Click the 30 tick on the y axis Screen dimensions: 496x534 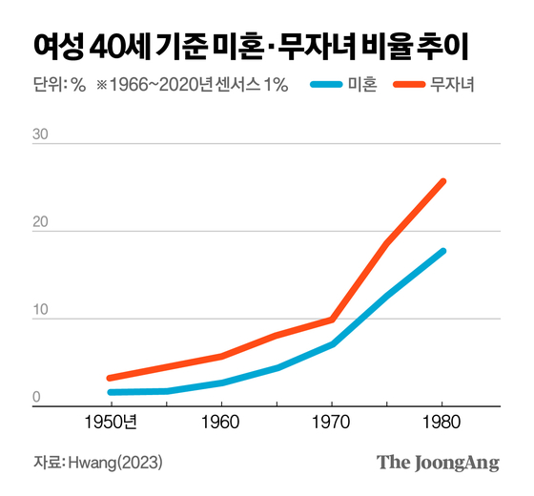[39, 135]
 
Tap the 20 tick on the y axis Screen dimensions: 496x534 [39, 222]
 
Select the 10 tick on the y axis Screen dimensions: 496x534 [39, 310]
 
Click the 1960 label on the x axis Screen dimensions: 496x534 [221, 421]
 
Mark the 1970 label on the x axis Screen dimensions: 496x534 [332, 421]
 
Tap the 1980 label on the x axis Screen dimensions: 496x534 [442, 421]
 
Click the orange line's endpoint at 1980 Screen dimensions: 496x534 [442, 181]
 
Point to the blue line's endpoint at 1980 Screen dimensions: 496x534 [442, 251]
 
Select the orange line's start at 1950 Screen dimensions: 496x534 [111, 379]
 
